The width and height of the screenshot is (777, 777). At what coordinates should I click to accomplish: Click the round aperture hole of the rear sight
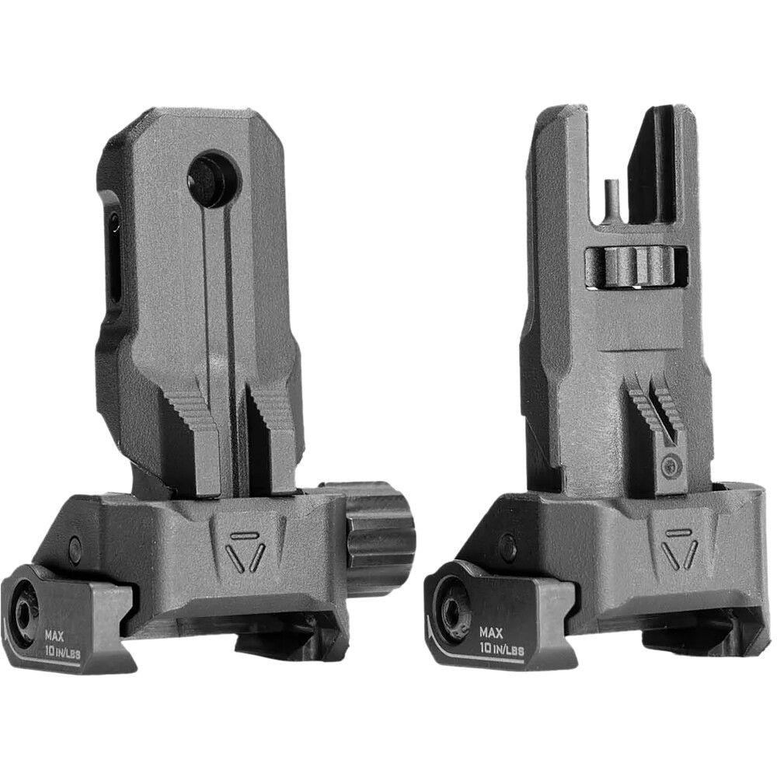[x=212, y=179]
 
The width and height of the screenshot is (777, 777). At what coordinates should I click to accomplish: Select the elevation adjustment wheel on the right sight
[x=636, y=267]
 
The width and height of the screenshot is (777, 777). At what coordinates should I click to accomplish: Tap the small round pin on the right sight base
[x=507, y=546]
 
